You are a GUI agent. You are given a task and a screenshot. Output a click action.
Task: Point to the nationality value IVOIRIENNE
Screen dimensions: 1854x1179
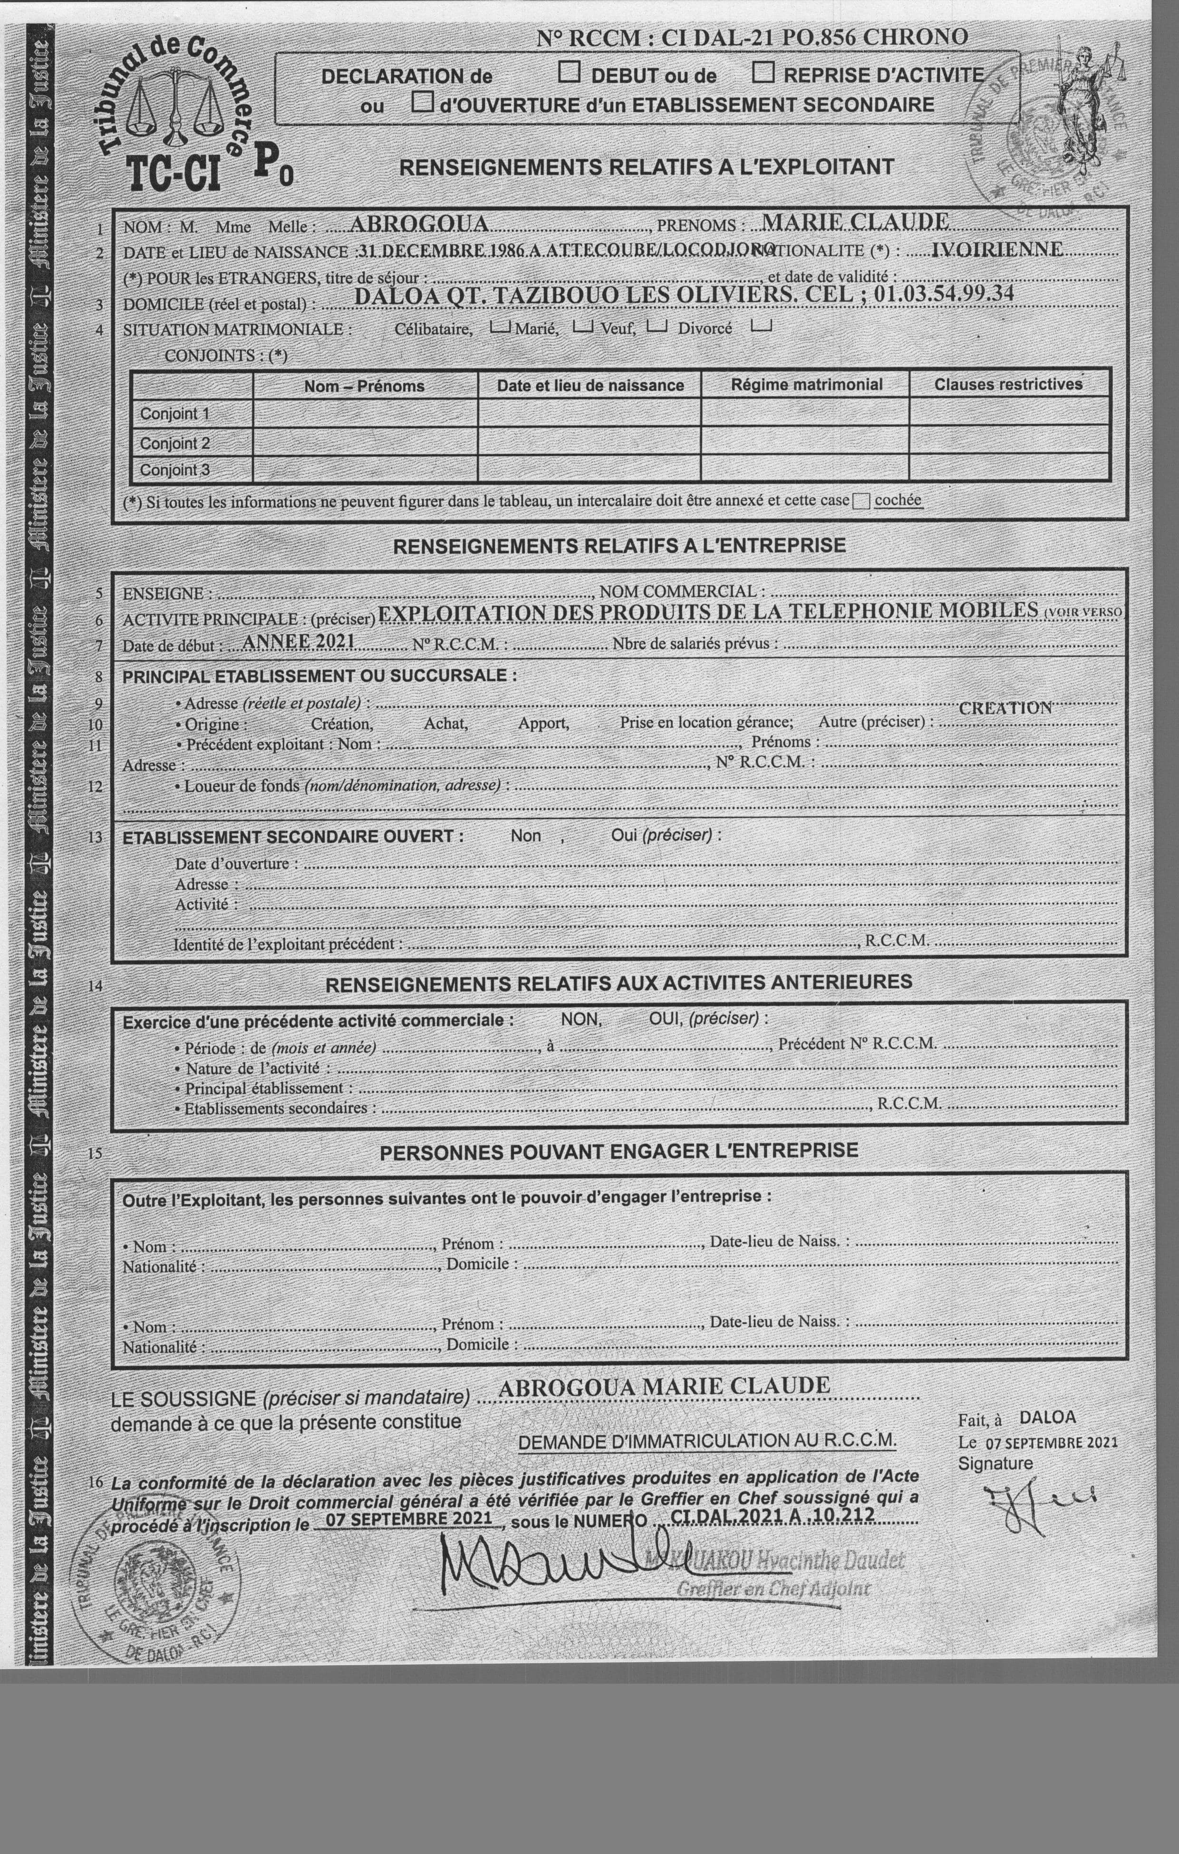(996, 249)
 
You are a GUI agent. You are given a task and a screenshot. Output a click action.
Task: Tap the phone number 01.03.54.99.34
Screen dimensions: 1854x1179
(944, 294)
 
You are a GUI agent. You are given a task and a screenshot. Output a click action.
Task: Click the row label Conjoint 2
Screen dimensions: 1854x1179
(174, 443)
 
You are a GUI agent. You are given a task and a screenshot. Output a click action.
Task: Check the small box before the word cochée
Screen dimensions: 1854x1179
(861, 501)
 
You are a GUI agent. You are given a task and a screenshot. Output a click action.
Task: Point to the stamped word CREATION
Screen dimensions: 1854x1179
(1005, 707)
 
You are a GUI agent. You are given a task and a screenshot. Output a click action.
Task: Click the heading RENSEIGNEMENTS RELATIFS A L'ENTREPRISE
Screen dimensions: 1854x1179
(619, 546)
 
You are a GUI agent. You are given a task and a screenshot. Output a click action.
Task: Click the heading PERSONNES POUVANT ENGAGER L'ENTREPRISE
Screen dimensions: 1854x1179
(619, 1151)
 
